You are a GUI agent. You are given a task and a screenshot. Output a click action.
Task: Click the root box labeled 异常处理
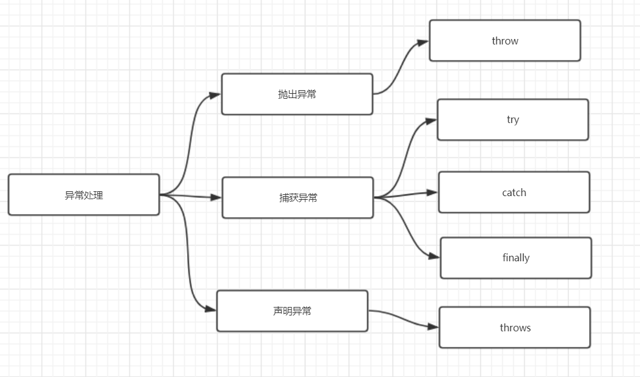click(x=84, y=195)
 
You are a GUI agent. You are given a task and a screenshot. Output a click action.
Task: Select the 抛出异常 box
click(x=297, y=94)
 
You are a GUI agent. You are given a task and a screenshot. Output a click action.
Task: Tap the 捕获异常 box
click(x=297, y=198)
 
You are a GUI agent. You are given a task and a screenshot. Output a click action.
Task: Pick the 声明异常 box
click(x=292, y=311)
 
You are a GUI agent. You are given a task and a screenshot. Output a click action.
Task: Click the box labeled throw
click(x=505, y=41)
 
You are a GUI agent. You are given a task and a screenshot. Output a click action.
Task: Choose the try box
click(x=513, y=120)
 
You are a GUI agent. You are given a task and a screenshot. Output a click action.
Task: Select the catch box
click(x=514, y=192)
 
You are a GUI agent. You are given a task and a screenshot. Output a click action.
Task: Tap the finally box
click(x=516, y=258)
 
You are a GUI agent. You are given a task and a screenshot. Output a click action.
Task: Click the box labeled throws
click(x=514, y=328)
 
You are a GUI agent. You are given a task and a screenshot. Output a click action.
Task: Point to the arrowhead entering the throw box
click(x=424, y=43)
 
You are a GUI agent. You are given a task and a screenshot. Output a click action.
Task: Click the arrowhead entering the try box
click(x=432, y=121)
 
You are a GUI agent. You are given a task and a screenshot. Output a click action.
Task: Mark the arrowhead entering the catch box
click(x=433, y=192)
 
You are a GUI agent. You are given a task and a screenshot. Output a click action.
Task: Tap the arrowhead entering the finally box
click(x=435, y=257)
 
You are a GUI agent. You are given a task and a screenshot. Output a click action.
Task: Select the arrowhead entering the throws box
click(x=433, y=327)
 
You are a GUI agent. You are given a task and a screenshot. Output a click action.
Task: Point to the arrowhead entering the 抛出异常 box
click(x=215, y=95)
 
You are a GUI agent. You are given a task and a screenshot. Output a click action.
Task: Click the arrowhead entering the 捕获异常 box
click(x=216, y=197)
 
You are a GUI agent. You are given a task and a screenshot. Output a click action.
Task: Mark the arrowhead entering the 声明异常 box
click(x=211, y=309)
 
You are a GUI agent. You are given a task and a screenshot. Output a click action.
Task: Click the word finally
click(x=516, y=258)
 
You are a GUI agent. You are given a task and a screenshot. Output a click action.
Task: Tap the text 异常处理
click(x=84, y=196)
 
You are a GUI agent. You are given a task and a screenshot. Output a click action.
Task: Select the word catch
click(x=514, y=192)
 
